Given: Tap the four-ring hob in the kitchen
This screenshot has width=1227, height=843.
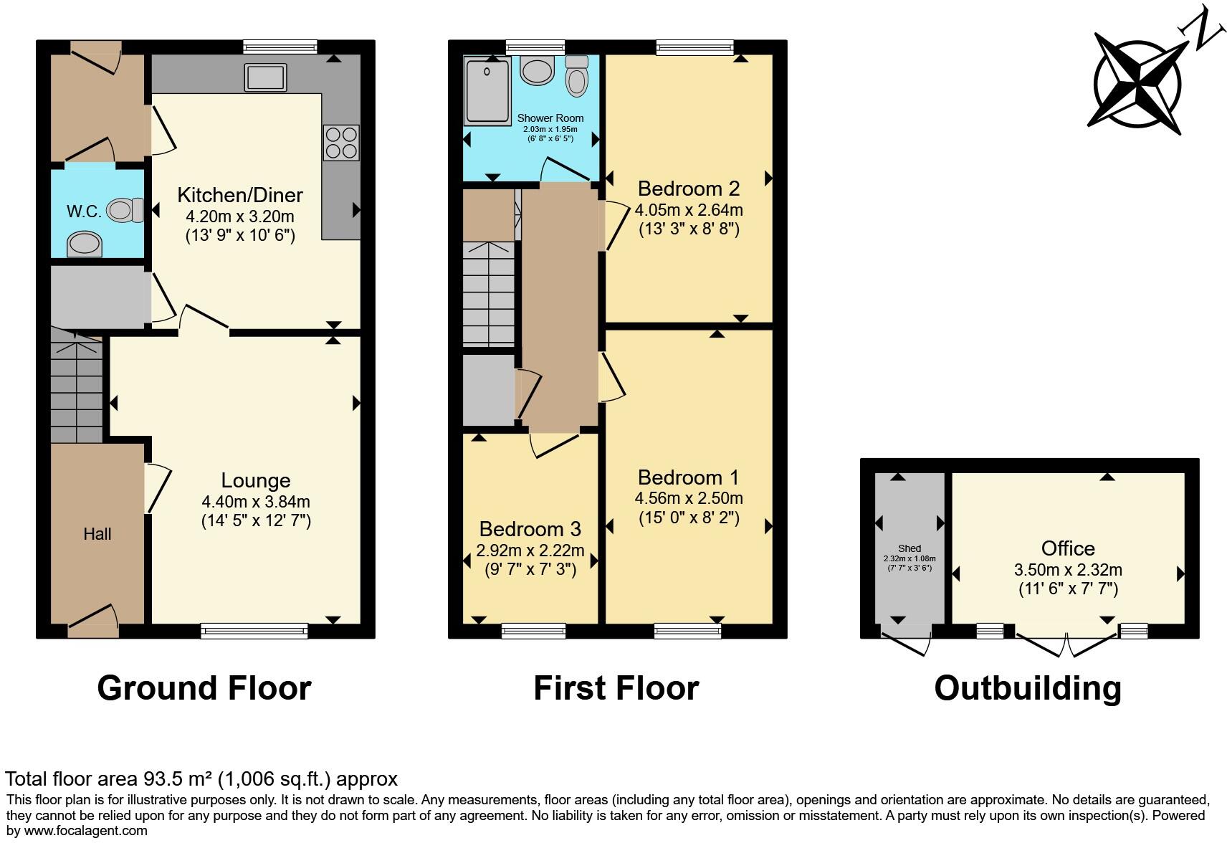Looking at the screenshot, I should pos(341,143).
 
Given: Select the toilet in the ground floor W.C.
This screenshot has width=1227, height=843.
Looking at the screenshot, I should pos(121,210).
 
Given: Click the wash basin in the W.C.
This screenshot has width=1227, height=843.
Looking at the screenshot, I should pos(85,244).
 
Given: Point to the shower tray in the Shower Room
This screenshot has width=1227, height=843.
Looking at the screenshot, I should pos(487,91).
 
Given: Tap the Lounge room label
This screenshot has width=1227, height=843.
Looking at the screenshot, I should pos(255,480).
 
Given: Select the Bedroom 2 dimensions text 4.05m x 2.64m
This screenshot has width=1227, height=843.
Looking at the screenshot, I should pos(688,210).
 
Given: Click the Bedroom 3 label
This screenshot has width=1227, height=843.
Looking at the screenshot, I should pos(530,529).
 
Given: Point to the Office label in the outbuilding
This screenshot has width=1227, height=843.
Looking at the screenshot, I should pos(1067,548).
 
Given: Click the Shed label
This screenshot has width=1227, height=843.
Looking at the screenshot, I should pos(909,548).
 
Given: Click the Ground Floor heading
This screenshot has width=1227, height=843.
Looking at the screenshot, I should pos(204,688).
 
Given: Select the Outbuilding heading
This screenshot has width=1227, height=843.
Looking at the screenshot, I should pos(1028,688).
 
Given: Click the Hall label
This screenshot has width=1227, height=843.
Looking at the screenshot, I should pos(97,534).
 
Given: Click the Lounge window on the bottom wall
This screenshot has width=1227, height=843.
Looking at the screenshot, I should pos(254,632).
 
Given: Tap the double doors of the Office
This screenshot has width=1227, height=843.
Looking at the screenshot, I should pos(1067,644).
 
